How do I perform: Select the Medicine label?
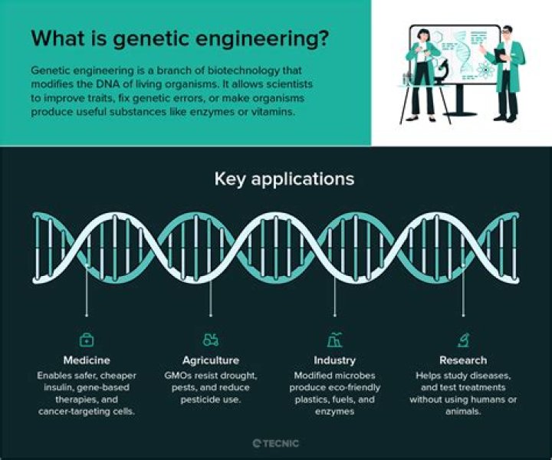click(87, 360)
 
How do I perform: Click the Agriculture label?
click(211, 360)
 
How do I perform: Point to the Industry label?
click(334, 360)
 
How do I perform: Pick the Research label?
click(463, 360)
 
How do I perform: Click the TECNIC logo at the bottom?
click(276, 443)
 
